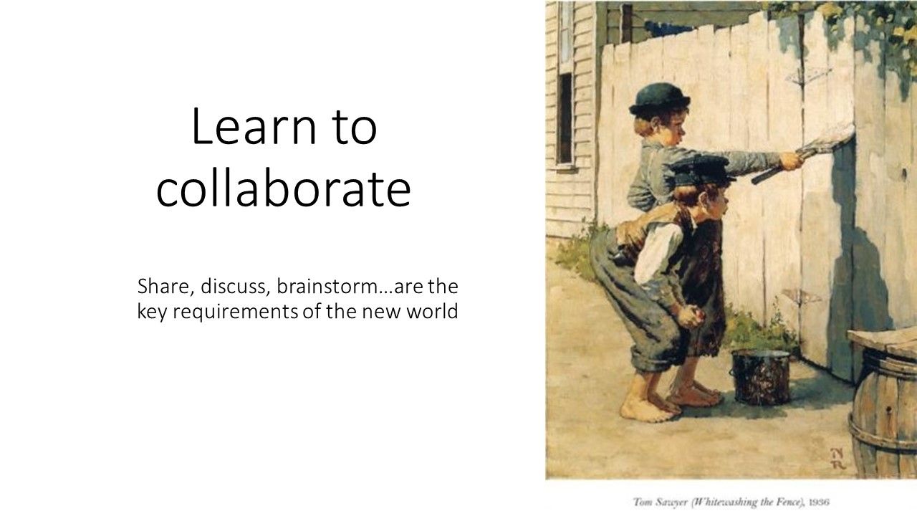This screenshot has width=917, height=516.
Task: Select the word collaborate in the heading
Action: pyautogui.click(x=283, y=190)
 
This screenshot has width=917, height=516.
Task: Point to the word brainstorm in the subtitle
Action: pyautogui.click(x=332, y=286)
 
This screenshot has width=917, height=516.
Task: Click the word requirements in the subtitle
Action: pyautogui.click(x=236, y=312)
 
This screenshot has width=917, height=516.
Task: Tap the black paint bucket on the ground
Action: pyautogui.click(x=762, y=376)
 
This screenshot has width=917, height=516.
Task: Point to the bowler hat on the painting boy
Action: pyautogui.click(x=659, y=100)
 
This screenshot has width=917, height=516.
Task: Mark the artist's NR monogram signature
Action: pyautogui.click(x=838, y=458)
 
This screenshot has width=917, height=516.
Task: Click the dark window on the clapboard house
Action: pyautogui.click(x=565, y=119)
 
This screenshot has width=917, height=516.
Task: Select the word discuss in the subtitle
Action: pyautogui.click(x=234, y=286)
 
